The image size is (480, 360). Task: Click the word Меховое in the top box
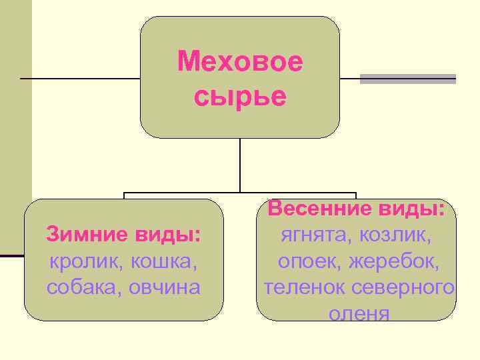click(240, 63)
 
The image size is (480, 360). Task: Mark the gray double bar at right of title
click(408, 79)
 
